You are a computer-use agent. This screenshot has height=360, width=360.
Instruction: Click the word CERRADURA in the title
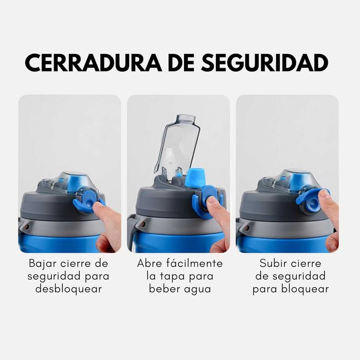tap(93, 63)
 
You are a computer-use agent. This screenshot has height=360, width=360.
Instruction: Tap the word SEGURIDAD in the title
tap(264, 63)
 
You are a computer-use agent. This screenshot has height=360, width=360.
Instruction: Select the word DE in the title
tap(181, 63)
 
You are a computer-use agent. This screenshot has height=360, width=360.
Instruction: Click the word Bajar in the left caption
tap(43, 264)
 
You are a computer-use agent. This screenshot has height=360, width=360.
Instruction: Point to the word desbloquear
tap(68, 289)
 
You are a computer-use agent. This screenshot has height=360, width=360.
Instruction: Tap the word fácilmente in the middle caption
tap(194, 263)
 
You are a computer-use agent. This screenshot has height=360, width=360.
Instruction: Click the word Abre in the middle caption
tap(150, 263)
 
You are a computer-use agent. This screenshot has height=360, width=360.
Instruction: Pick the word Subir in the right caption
tap(274, 263)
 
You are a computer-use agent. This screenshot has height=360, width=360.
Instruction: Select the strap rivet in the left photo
tap(26, 226)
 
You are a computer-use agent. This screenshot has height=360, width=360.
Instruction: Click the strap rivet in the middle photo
tap(143, 224)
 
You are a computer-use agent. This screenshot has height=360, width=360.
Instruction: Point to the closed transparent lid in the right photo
tap(291, 181)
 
